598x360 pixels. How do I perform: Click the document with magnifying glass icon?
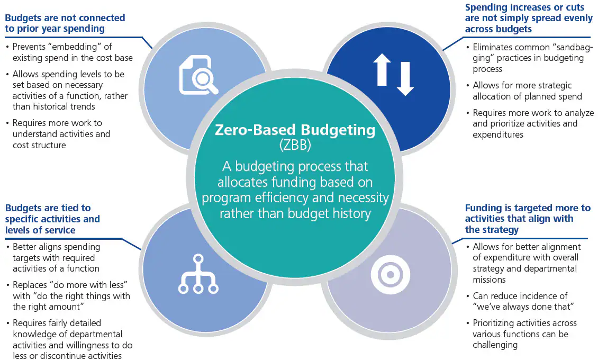pos(198,75)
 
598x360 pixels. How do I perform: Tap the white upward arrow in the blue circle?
pos(382,70)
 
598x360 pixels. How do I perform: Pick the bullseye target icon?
pos(390,275)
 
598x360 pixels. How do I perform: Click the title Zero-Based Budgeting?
pos(295,130)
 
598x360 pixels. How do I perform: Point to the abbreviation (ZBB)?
pos(295,144)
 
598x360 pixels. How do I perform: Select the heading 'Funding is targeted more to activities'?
pos(527,219)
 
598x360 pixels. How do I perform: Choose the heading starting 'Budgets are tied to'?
pos(52,219)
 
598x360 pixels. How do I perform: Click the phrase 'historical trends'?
pos(68,106)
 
